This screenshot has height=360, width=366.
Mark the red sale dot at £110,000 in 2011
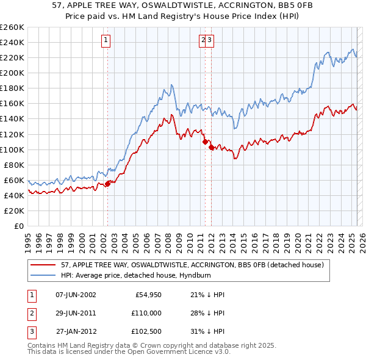click(204, 142)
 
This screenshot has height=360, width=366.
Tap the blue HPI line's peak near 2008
click(172, 84)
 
